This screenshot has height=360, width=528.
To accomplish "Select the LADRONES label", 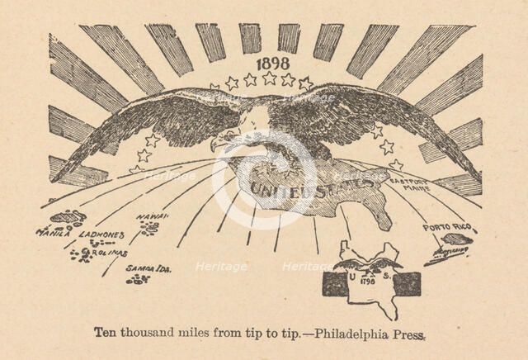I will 101,234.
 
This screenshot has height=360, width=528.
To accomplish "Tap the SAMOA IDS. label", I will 148,268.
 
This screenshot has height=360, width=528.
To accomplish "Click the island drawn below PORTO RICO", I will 456,239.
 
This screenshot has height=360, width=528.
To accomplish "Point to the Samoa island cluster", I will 138,279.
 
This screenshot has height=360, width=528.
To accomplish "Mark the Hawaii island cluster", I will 149,228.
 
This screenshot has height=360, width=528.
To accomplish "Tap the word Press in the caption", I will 410,334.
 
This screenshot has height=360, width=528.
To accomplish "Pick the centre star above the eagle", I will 269,78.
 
